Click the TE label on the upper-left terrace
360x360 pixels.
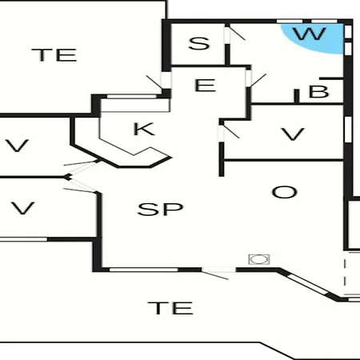pyautogui.click(x=54, y=55)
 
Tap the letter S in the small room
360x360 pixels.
pyautogui.click(x=199, y=44)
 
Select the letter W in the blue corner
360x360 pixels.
pyautogui.click(x=310, y=34)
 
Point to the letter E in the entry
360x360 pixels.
pyautogui.click(x=205, y=86)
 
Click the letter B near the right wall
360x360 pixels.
pyautogui.click(x=318, y=91)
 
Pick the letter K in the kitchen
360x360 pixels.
pyautogui.click(x=144, y=129)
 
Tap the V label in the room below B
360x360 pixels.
pyautogui.click(x=293, y=134)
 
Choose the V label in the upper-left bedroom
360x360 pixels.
pyautogui.click(x=17, y=146)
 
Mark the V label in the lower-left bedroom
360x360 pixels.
pyautogui.click(x=22, y=208)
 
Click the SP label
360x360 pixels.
pyautogui.click(x=160, y=209)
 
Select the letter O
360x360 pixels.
pyautogui.click(x=285, y=192)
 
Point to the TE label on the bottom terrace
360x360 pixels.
pyautogui.click(x=170, y=308)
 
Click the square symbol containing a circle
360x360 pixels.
pyautogui.click(x=259, y=259)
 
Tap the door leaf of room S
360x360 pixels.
pyautogui.click(x=237, y=34)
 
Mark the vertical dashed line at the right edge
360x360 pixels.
pyautogui.click(x=345, y=276)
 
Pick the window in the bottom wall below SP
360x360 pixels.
pyautogui.click(x=144, y=270)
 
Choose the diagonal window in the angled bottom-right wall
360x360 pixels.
pyautogui.click(x=308, y=285)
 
